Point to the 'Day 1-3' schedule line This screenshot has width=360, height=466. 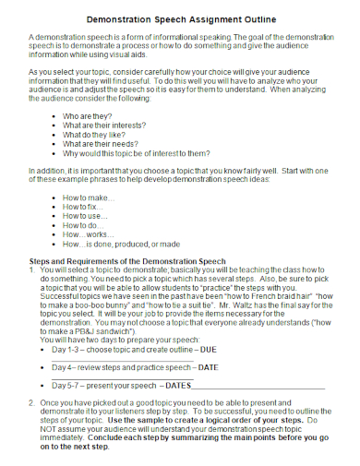point(135,350)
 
